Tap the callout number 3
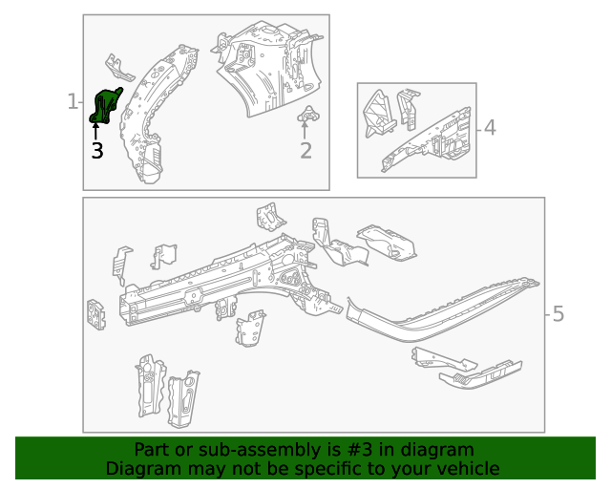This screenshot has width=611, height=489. tap(96, 150)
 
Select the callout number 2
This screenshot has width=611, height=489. tap(305, 150)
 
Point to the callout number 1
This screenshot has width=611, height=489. tap(73, 101)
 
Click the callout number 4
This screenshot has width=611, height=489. tap(489, 127)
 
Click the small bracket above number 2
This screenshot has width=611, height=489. tap(307, 117)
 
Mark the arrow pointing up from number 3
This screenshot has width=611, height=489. tap(95, 132)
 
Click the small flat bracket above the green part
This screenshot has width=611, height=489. tap(118, 69)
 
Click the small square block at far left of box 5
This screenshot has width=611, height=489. tap(96, 314)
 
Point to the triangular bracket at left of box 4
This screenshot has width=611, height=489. tap(379, 112)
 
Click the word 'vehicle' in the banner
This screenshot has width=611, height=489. tap(467, 468)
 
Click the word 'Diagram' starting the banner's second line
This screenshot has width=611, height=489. tap(140, 468)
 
